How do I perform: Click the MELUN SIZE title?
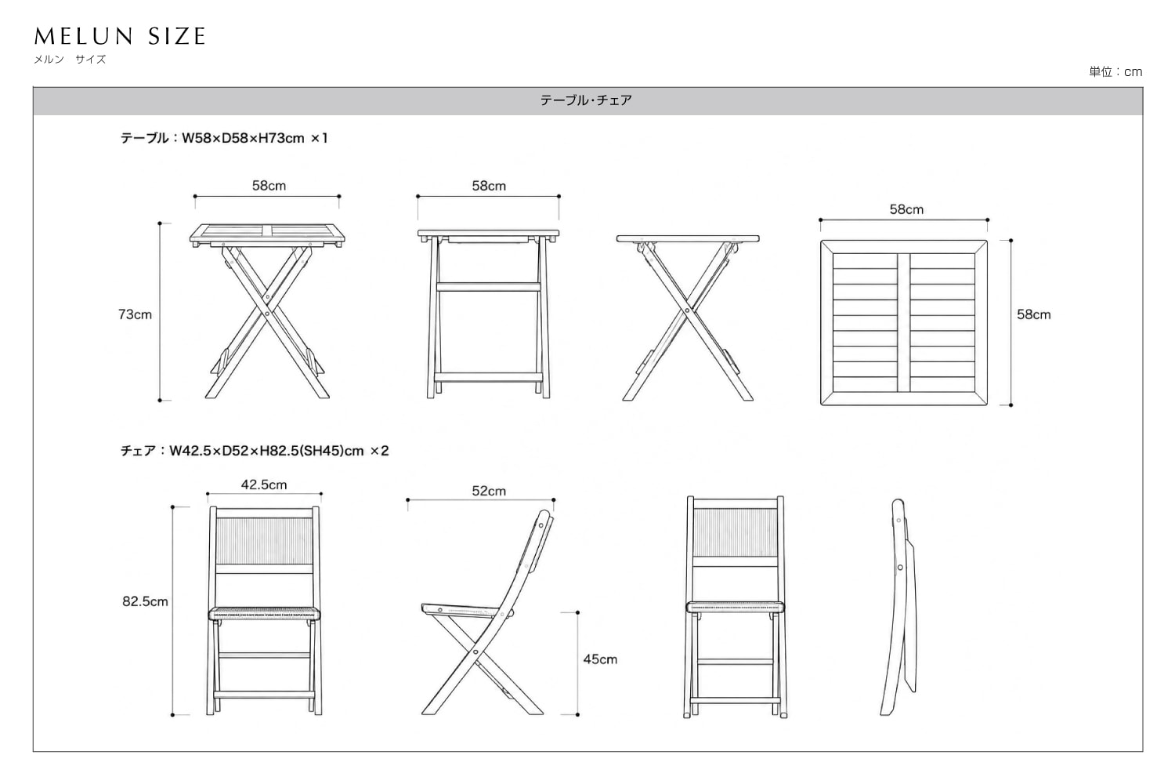pyautogui.click(x=120, y=36)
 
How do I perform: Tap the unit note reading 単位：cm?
pyautogui.click(x=1115, y=72)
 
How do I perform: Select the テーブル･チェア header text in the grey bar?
pyautogui.click(x=586, y=100)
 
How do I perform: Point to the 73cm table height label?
pyautogui.click(x=135, y=314)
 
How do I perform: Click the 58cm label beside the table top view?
pyautogui.click(x=1033, y=314)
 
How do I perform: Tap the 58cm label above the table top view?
pyautogui.click(x=906, y=209)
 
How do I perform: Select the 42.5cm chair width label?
pyautogui.click(x=264, y=485)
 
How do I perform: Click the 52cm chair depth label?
pyautogui.click(x=489, y=491)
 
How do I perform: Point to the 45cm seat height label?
pyautogui.click(x=600, y=659)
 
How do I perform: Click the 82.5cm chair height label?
pyautogui.click(x=145, y=601)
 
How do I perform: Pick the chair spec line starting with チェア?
pyautogui.click(x=255, y=451)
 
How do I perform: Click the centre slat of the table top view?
pyautogui.click(x=903, y=323)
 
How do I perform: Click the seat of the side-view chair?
pyautogui.click(x=461, y=610)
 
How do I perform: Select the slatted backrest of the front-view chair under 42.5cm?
pyautogui.click(x=264, y=541)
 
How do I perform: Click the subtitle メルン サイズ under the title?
pyautogui.click(x=70, y=60)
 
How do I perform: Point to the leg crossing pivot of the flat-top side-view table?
pyautogui.click(x=687, y=310)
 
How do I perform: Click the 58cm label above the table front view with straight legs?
pyautogui.click(x=489, y=186)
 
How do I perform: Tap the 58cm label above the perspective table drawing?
pyautogui.click(x=269, y=186)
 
